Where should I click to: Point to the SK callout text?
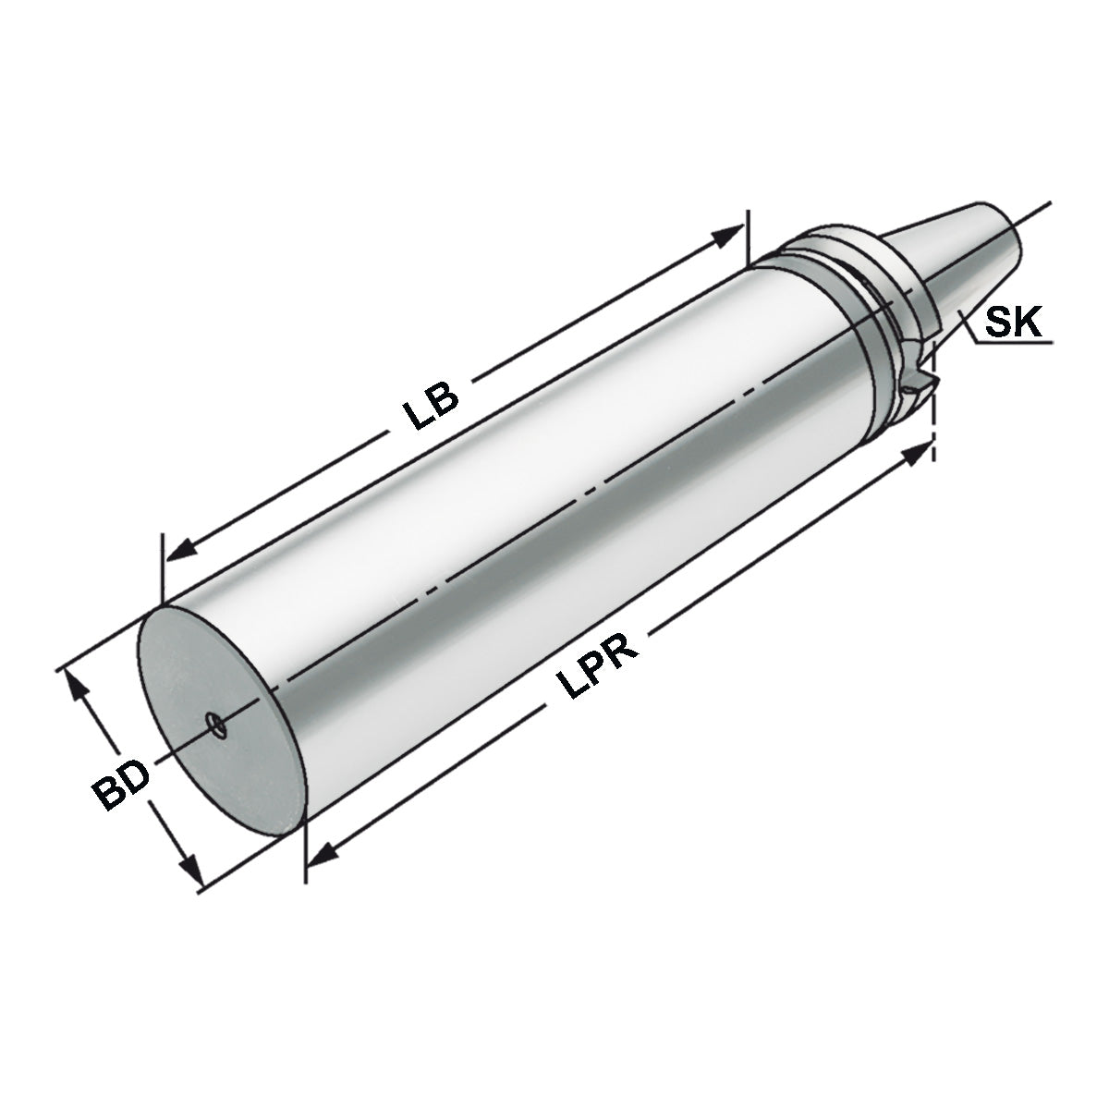pyautogui.click(x=1013, y=323)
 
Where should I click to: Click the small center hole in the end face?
pyautogui.click(x=216, y=726)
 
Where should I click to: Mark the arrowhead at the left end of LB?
pyautogui.click(x=179, y=548)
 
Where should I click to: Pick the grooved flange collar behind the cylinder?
pyautogui.click(x=850, y=277)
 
